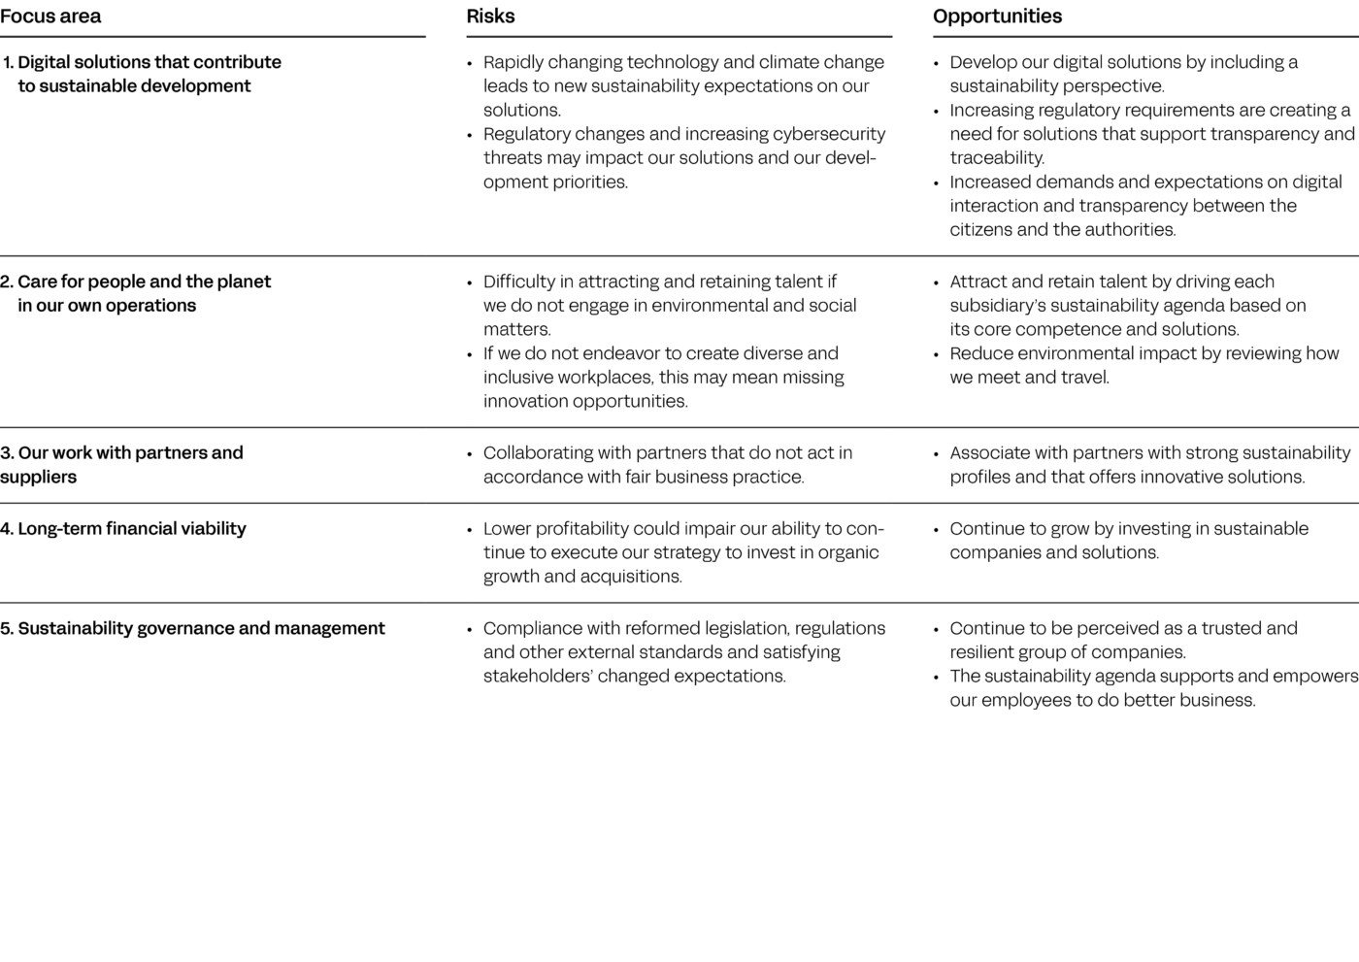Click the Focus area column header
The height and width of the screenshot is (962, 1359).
coord(50,17)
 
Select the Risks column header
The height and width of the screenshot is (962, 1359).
coord(490,17)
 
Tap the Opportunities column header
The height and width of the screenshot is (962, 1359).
coord(997,17)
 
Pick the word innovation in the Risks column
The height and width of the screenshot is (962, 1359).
coord(524,402)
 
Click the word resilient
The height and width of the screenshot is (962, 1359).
coord(985,652)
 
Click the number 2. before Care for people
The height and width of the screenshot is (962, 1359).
coord(7,282)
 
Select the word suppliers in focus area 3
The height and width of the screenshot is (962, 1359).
coord(38,478)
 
